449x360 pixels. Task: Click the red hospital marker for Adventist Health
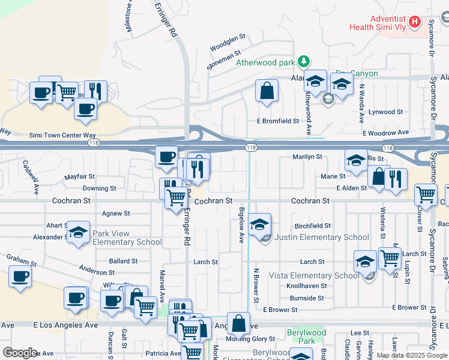click(x=414, y=23)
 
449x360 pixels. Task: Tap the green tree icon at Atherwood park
click(x=304, y=61)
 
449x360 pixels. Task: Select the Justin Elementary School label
click(x=322, y=238)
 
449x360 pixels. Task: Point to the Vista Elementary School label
click(x=322, y=276)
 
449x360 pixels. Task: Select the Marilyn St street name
click(x=307, y=157)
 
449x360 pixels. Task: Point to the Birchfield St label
click(x=312, y=226)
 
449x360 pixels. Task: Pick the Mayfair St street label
click(x=80, y=177)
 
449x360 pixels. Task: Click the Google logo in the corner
click(x=20, y=353)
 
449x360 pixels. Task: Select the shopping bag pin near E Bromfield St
click(x=267, y=92)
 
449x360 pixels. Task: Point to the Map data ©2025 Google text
click(x=412, y=355)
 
